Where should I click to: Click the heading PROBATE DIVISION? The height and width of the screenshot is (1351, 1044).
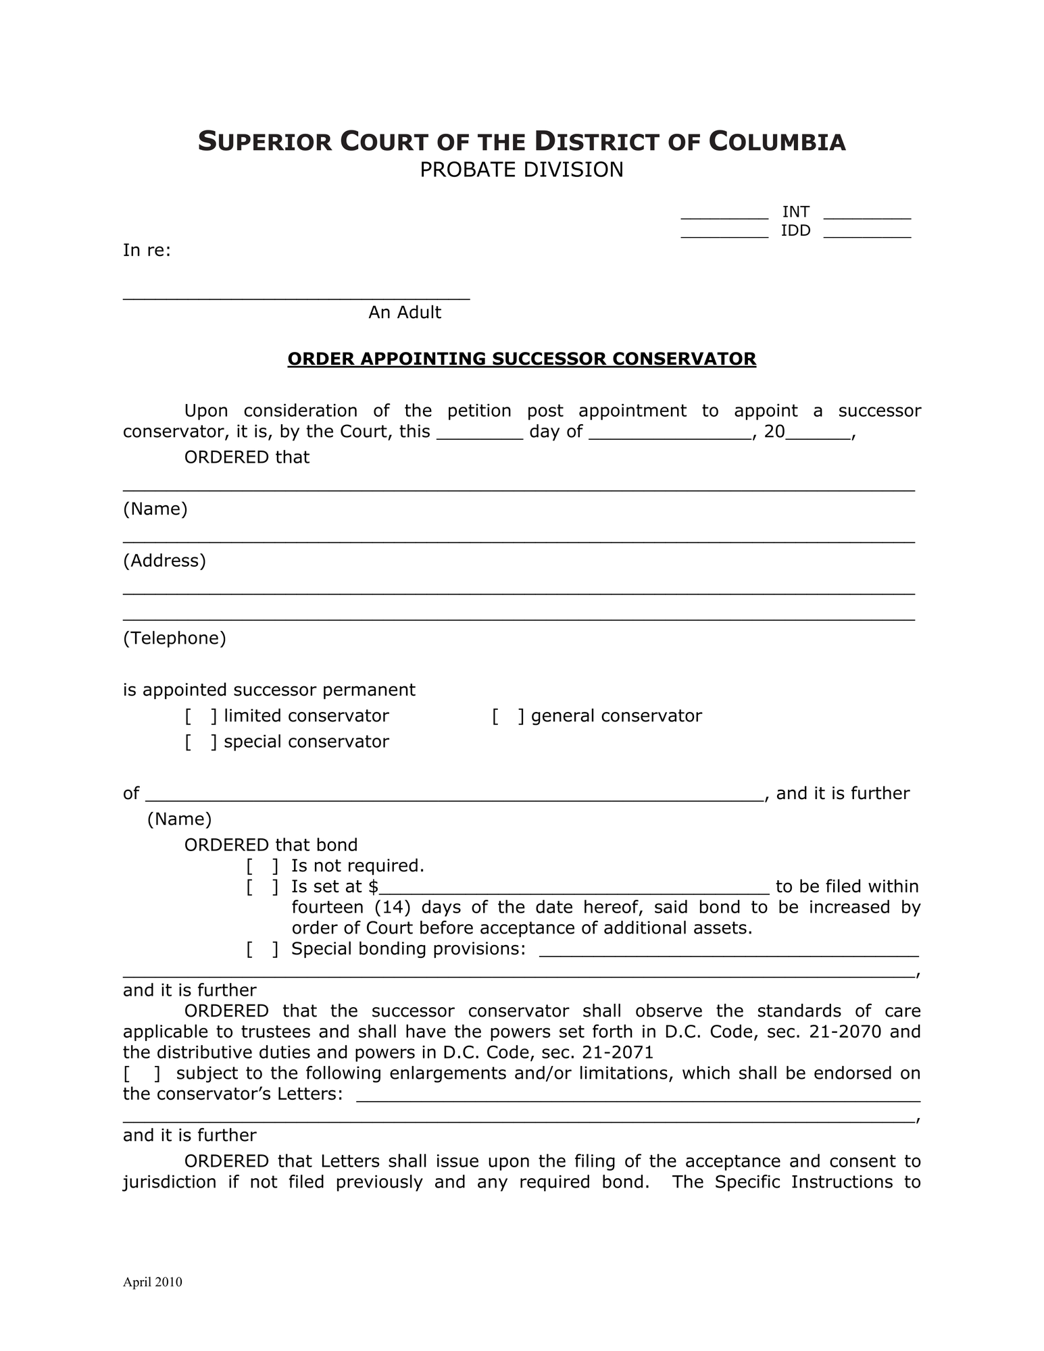pyautogui.click(x=521, y=170)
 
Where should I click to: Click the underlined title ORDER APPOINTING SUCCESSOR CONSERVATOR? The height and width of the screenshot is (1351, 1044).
pyautogui.click(x=521, y=359)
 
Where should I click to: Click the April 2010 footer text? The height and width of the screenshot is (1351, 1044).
pyautogui.click(x=152, y=1282)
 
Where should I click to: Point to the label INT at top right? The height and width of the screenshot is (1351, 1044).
pyautogui.click(x=795, y=211)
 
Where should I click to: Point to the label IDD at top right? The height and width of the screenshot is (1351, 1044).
pyautogui.click(x=795, y=230)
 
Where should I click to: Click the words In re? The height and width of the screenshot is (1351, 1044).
pyautogui.click(x=147, y=251)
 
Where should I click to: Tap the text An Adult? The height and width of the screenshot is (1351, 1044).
pyautogui.click(x=404, y=312)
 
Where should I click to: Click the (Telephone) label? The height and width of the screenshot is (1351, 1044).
pyautogui.click(x=174, y=638)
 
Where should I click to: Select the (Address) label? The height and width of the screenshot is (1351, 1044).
pyautogui.click(x=164, y=561)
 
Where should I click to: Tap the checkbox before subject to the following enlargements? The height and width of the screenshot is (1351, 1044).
pyautogui.click(x=141, y=1073)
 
